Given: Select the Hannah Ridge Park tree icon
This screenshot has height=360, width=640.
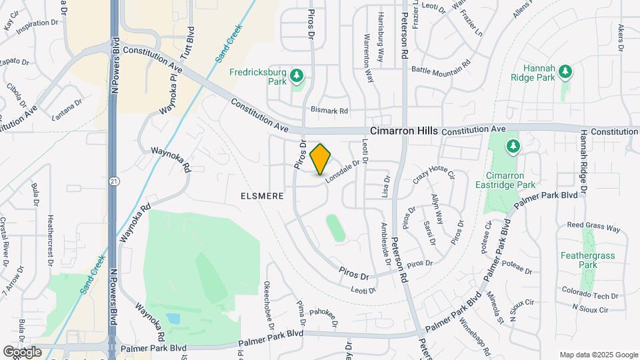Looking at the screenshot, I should click(x=565, y=70).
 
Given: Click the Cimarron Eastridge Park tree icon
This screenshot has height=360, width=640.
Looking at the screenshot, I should click(x=512, y=145).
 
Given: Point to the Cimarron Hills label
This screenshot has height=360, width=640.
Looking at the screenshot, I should click(x=403, y=131).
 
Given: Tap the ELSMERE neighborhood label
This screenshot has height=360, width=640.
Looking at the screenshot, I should click(x=263, y=197).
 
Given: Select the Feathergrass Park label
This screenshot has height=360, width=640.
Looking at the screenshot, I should click(x=587, y=259).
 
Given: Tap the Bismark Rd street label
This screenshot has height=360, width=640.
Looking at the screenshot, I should click(x=329, y=111).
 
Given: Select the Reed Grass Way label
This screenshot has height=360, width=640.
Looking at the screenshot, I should click(x=593, y=229).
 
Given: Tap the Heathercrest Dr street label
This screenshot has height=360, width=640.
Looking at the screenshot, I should click(x=51, y=239).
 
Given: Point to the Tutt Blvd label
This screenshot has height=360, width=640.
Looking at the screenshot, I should click(x=190, y=41).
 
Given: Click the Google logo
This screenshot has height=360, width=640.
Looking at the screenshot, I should click(x=22, y=351).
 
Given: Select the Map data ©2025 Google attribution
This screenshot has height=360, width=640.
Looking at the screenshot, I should click(x=597, y=355).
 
